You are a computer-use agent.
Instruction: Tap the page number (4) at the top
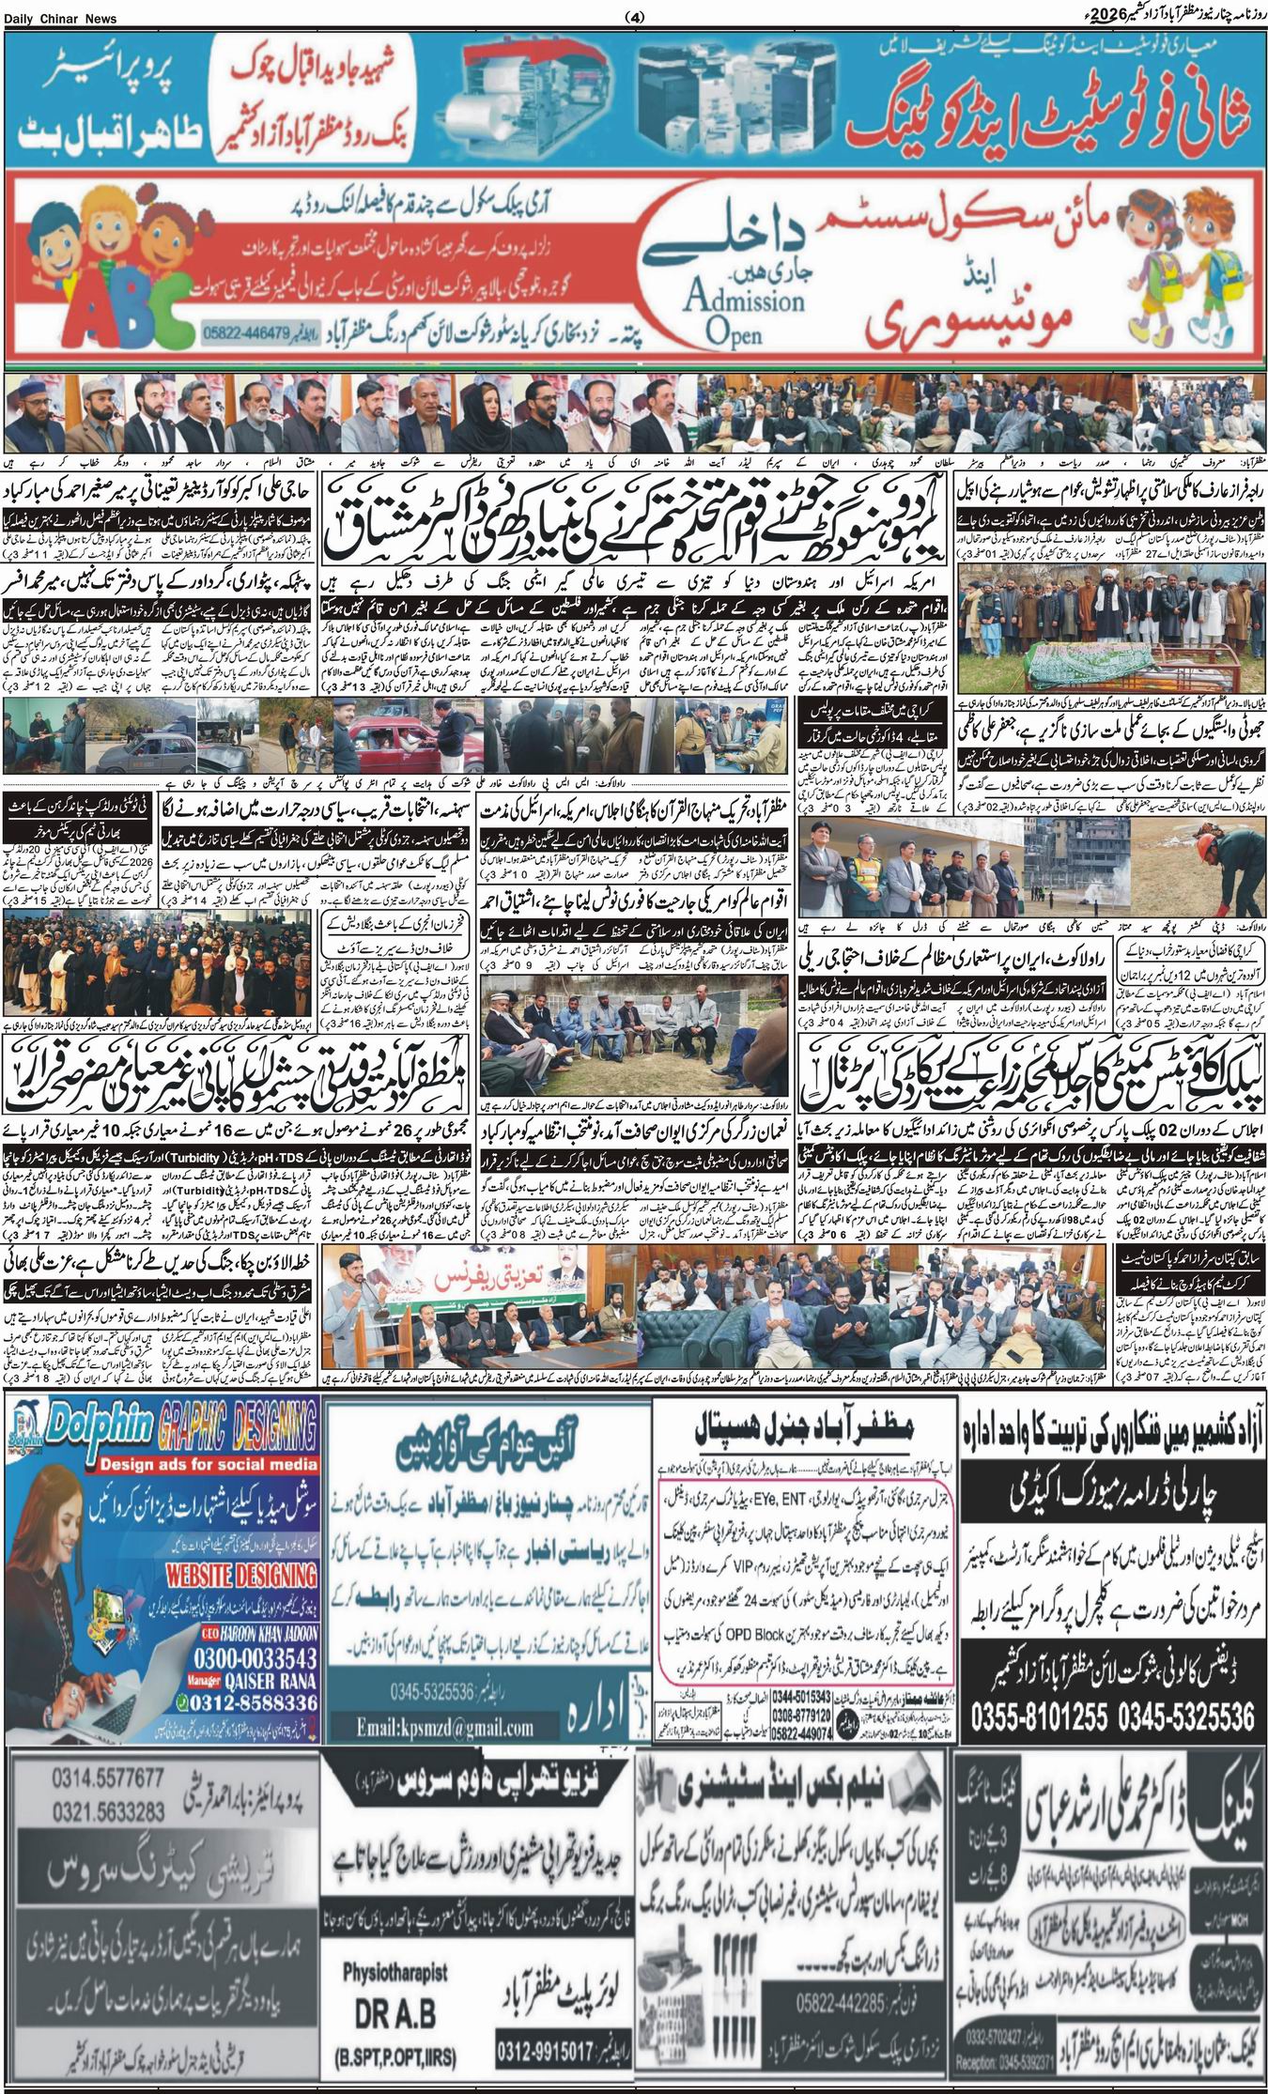coord(635,17)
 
